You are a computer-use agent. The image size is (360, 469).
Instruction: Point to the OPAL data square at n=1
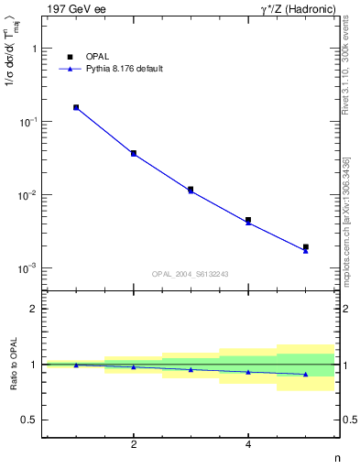tap(76, 107)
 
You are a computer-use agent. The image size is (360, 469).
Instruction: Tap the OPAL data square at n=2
tap(134, 153)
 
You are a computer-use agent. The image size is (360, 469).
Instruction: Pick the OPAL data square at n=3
tap(191, 190)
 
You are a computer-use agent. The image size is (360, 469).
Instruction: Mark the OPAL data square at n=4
tap(248, 220)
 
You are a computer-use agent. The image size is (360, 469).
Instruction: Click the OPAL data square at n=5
tap(306, 246)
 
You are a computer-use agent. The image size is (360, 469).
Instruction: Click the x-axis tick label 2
tap(134, 445)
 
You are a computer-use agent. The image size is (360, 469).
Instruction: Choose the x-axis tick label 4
tap(248, 445)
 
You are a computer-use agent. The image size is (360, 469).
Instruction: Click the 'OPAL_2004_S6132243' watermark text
tap(190, 274)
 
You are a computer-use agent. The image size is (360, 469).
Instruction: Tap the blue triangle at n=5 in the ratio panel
tap(306, 374)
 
